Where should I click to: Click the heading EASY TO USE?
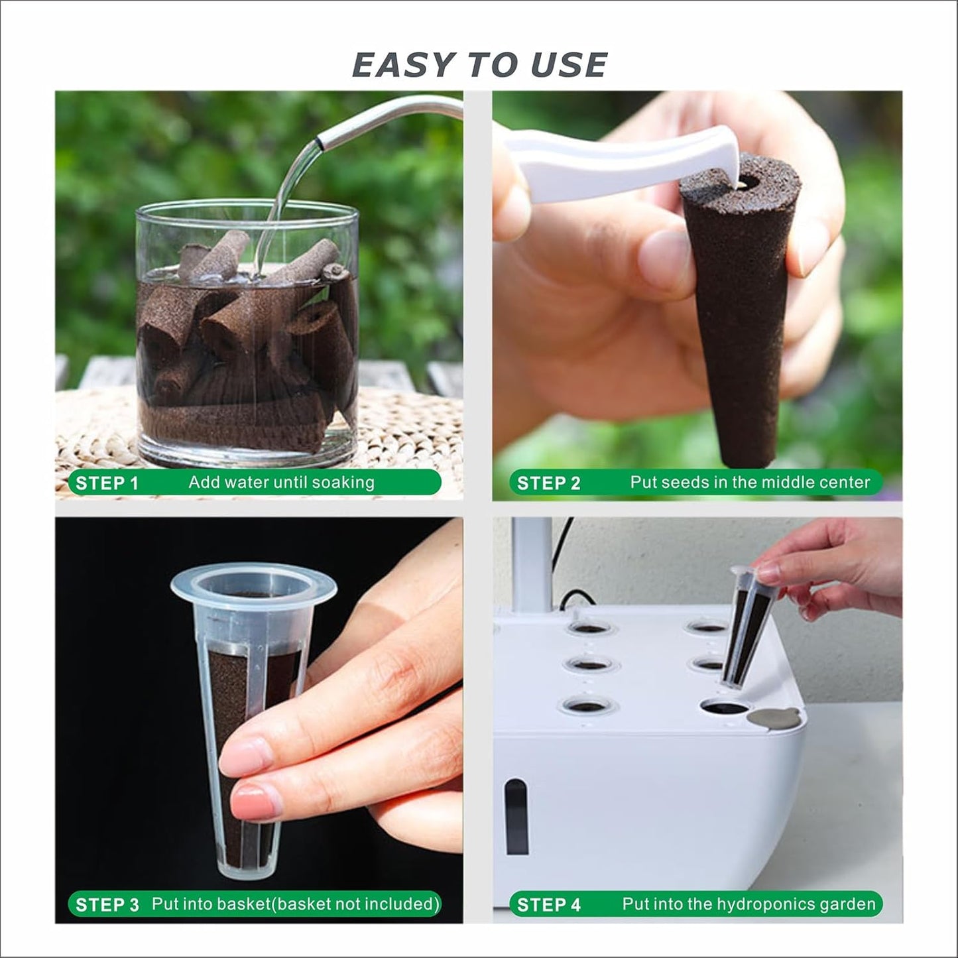point(479,65)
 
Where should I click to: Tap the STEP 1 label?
point(107,483)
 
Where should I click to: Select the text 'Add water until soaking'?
point(281,482)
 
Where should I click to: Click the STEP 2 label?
point(548,483)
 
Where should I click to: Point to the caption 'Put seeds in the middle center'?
point(749,482)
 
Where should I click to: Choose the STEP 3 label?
point(107,905)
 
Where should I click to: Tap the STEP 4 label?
point(548,905)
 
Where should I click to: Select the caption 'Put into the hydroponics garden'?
point(748,904)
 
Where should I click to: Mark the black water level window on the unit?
point(516,815)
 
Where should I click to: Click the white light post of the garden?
point(531,564)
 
